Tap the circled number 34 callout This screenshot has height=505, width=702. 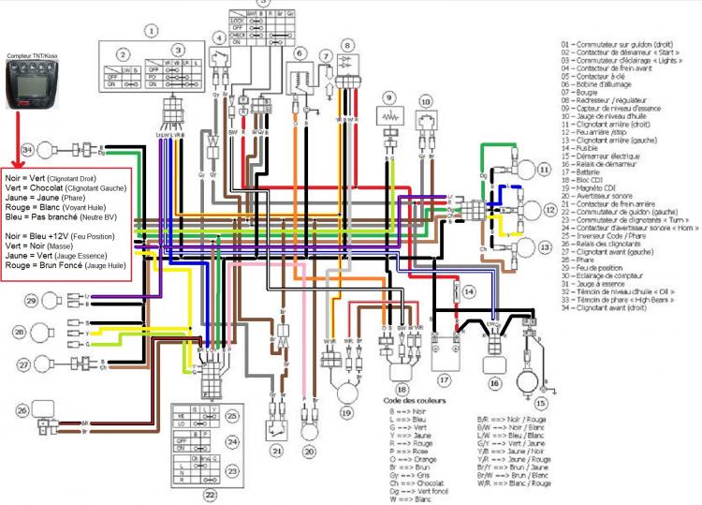point(28,148)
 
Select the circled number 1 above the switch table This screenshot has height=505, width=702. point(148,30)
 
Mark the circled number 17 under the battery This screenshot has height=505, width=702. point(445,380)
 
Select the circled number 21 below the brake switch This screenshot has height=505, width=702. point(277,449)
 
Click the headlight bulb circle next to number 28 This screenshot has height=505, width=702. point(43,333)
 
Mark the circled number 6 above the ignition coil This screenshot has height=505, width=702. point(300,53)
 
